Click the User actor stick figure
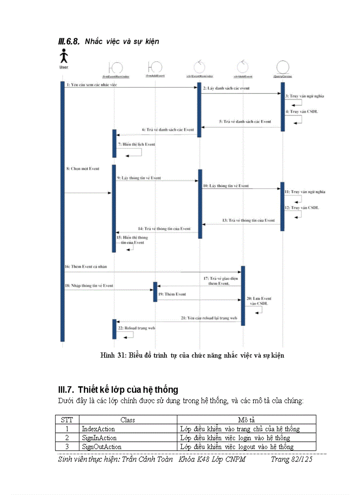pos(64,56)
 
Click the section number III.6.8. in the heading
pos(68,41)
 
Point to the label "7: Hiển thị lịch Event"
pos(136,144)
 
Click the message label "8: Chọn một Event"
pos(82,168)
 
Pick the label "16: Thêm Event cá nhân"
pos(86,267)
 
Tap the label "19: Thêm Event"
pos(172,294)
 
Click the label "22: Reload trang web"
pos(136,328)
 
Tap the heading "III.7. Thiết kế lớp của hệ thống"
pos(118,390)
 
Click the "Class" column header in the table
pos(127,420)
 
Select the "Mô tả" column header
pos(246,420)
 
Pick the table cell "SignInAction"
pos(99,438)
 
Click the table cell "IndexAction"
pos(98,429)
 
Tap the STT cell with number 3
pos(67,447)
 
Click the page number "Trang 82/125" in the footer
pos(292,459)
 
